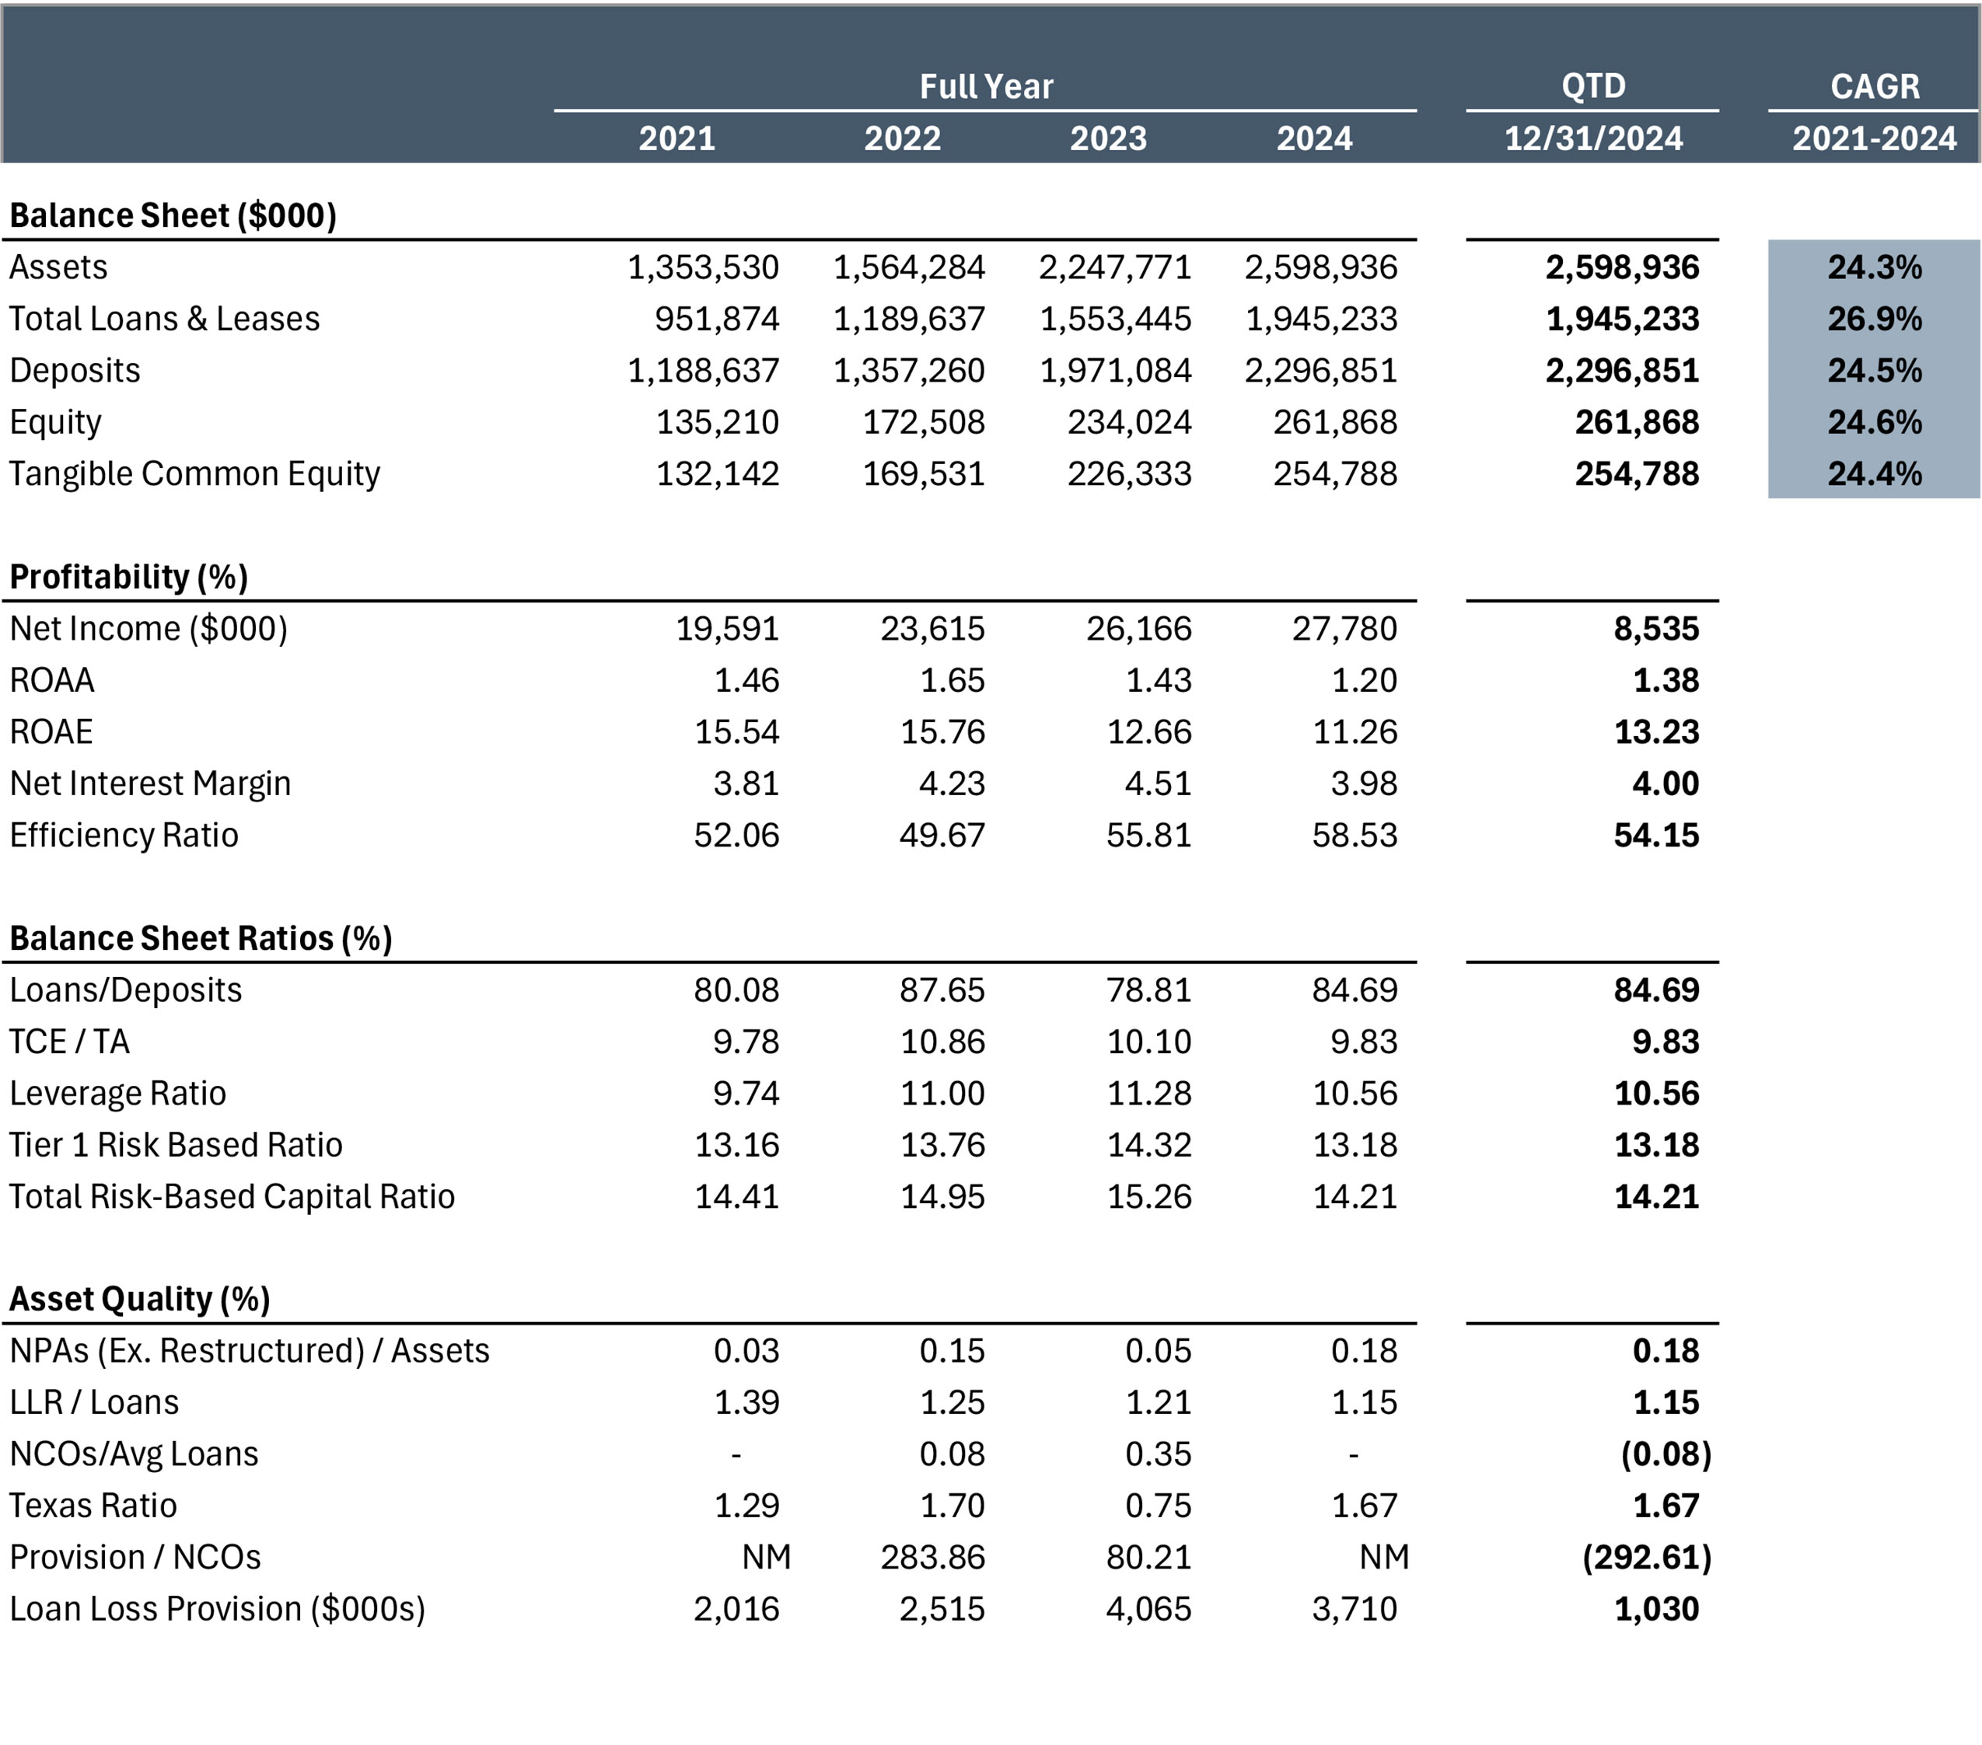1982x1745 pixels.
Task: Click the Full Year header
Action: coord(986,86)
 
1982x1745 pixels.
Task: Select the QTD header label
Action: coord(1593,86)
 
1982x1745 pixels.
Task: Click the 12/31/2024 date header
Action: coord(1593,138)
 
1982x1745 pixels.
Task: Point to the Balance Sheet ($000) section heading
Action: coord(173,215)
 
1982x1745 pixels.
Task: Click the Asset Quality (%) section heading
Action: coord(140,1299)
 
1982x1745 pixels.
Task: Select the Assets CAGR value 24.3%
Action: coord(1875,267)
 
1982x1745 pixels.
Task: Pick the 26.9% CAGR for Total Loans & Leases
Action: coord(1875,319)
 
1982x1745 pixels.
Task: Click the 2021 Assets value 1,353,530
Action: coord(703,267)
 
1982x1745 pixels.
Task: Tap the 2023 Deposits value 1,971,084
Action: coord(1115,370)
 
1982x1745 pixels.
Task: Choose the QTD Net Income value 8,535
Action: coord(1656,629)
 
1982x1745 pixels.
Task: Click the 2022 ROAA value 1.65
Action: coord(953,681)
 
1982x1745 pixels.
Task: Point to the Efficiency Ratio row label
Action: coord(124,836)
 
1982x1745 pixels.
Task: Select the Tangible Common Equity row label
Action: coord(195,474)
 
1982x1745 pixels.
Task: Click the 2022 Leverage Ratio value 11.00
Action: coord(942,1094)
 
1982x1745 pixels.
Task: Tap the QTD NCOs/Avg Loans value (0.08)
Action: coord(1666,1454)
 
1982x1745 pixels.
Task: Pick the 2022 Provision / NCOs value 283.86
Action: coord(933,1558)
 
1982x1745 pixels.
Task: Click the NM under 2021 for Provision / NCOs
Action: coord(767,1558)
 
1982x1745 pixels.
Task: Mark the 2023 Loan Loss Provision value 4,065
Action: coord(1149,1609)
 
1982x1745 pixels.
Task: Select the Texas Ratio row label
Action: coord(93,1506)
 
